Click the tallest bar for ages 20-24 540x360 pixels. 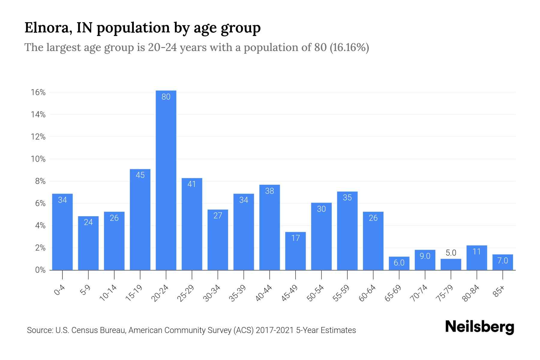click(166, 180)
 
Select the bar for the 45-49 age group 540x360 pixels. click(295, 251)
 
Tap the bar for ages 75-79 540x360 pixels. click(451, 265)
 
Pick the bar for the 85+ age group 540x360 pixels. click(503, 262)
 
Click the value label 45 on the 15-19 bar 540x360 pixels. click(140, 175)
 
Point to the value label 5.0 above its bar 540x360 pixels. click(451, 253)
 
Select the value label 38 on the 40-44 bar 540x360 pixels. click(270, 191)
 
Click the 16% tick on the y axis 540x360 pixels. click(38, 92)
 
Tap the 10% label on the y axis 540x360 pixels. click(38, 159)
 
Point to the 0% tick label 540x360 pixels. click(40, 270)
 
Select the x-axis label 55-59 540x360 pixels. click(341, 293)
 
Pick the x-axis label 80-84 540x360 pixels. click(471, 293)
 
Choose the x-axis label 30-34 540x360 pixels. click(212, 293)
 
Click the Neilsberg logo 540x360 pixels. click(479, 327)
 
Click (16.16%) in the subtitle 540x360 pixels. click(349, 47)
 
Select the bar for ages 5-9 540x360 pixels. click(88, 243)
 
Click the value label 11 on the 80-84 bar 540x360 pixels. click(477, 251)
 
